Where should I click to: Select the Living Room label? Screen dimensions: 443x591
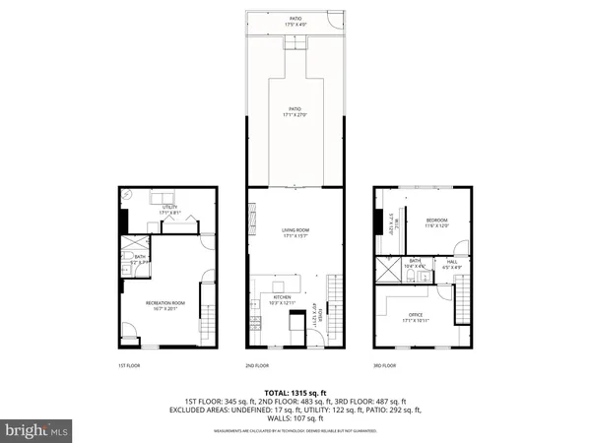point(295,232)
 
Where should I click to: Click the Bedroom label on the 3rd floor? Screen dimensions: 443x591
point(436,221)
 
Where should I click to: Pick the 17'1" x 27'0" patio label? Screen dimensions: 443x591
point(295,111)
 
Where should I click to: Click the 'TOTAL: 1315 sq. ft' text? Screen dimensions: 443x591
point(295,392)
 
